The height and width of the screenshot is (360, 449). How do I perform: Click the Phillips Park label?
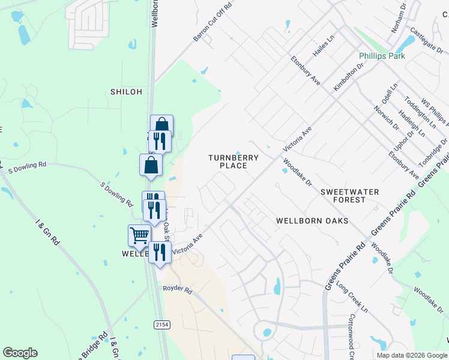[x=382, y=56]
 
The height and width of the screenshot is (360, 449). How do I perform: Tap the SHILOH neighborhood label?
[x=126, y=92]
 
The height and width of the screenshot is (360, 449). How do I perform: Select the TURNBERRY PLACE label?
[x=234, y=161]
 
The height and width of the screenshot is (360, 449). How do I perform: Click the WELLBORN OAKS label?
[x=312, y=221]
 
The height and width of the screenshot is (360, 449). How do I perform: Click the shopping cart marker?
[x=139, y=236]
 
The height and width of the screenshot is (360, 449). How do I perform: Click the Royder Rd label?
[x=177, y=290]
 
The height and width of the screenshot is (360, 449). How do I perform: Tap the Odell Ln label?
[x=390, y=95]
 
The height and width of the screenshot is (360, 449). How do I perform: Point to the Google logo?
[x=20, y=353]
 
